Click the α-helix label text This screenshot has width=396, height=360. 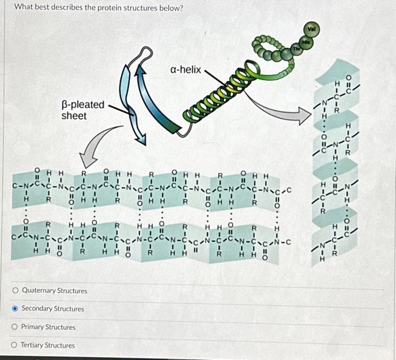(x=185, y=70)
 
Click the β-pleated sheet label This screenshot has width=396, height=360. (x=83, y=110)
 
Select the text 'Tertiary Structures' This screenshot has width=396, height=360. (x=48, y=345)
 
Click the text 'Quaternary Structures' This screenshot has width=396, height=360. (x=54, y=290)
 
